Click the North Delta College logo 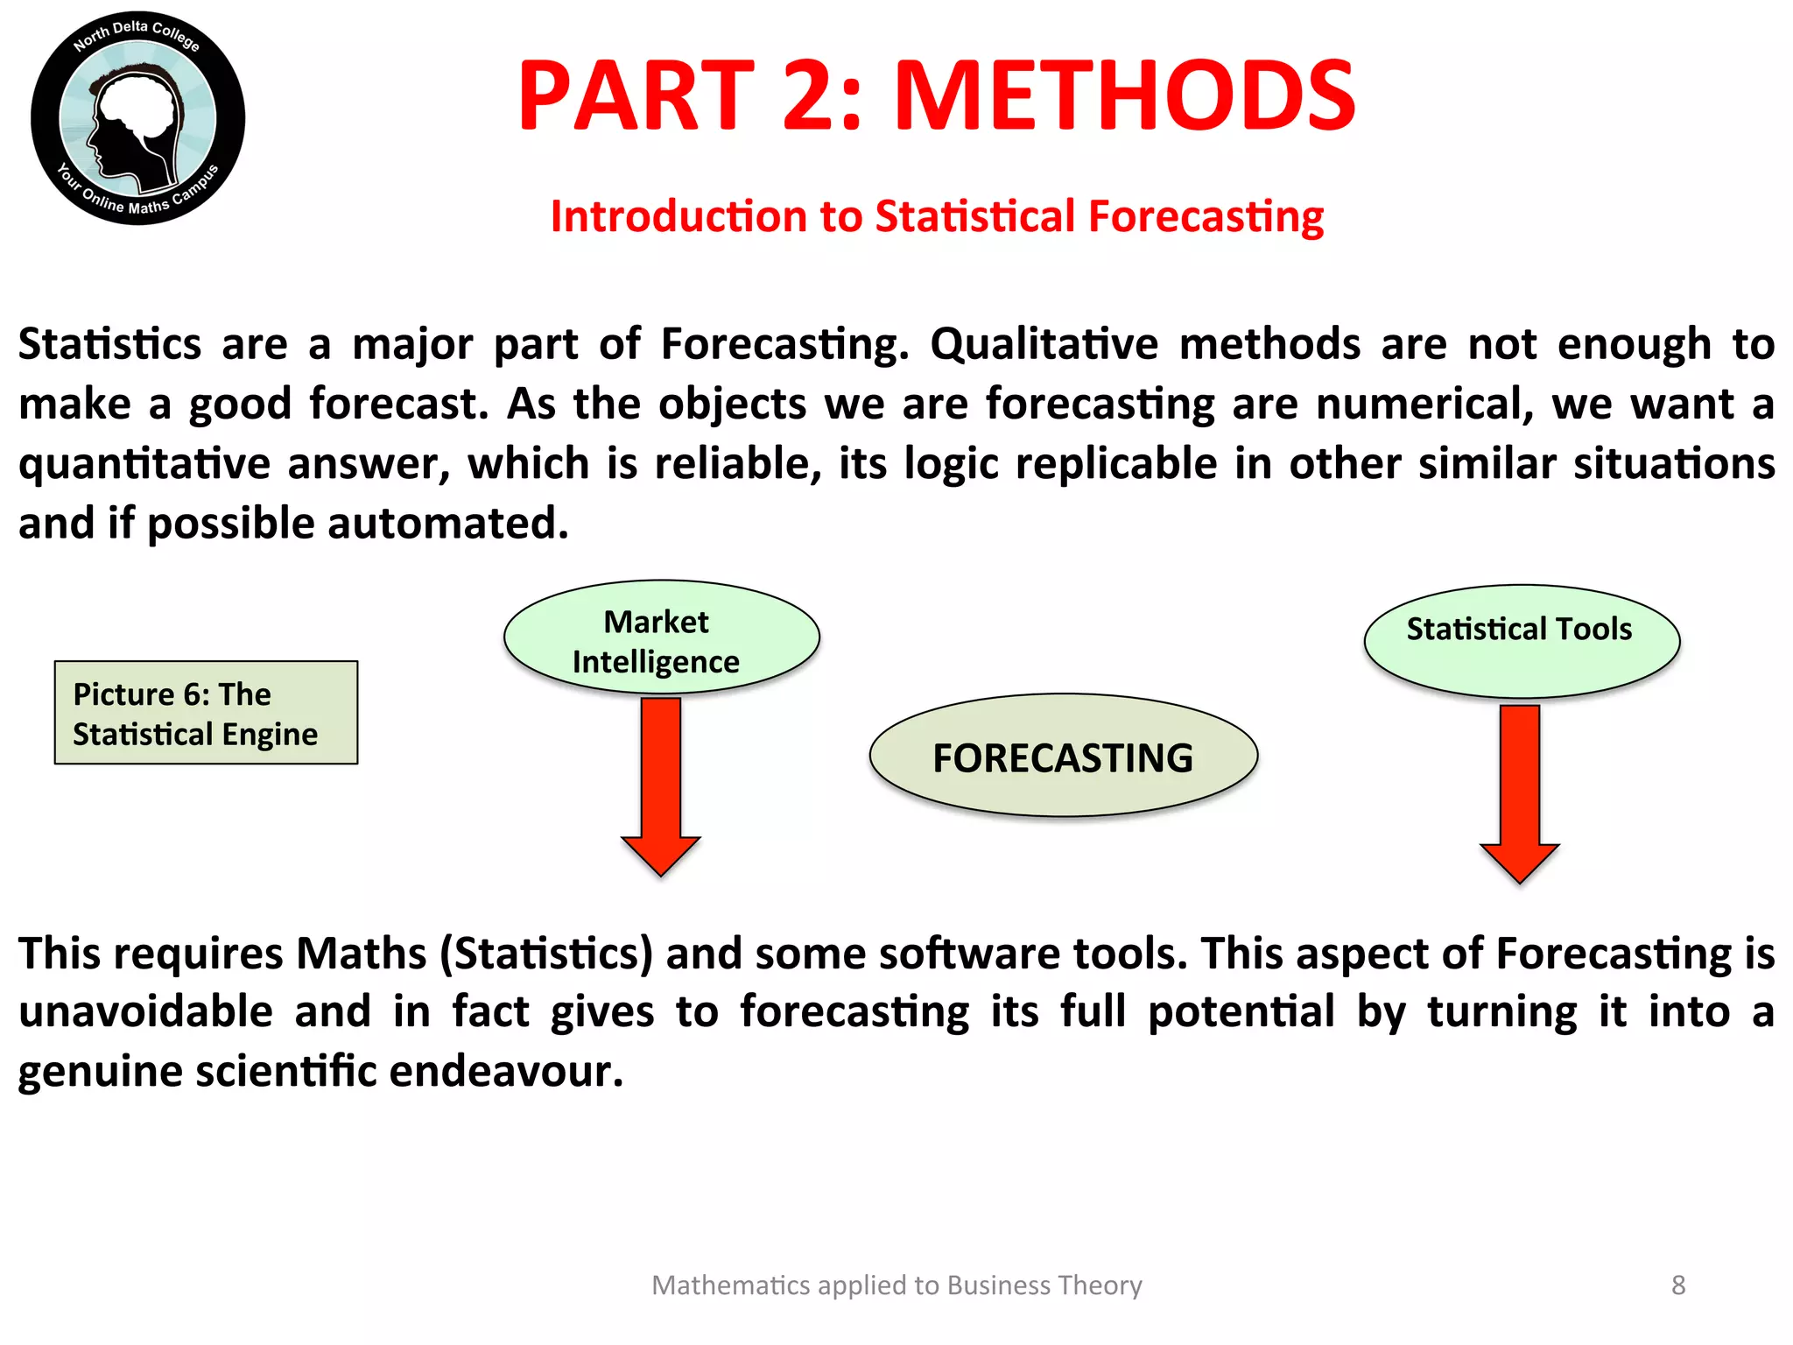(x=137, y=118)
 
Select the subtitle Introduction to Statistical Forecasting (x=937, y=216)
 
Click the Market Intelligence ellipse (x=661, y=637)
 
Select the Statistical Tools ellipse (x=1521, y=641)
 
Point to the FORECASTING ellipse (x=1063, y=757)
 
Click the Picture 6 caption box (x=206, y=713)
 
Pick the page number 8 (x=1677, y=1285)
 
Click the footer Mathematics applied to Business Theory (x=896, y=1285)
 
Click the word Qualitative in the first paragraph (x=1044, y=344)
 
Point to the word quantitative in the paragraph (x=144, y=464)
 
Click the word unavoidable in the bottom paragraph (x=146, y=1012)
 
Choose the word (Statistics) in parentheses (x=546, y=954)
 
